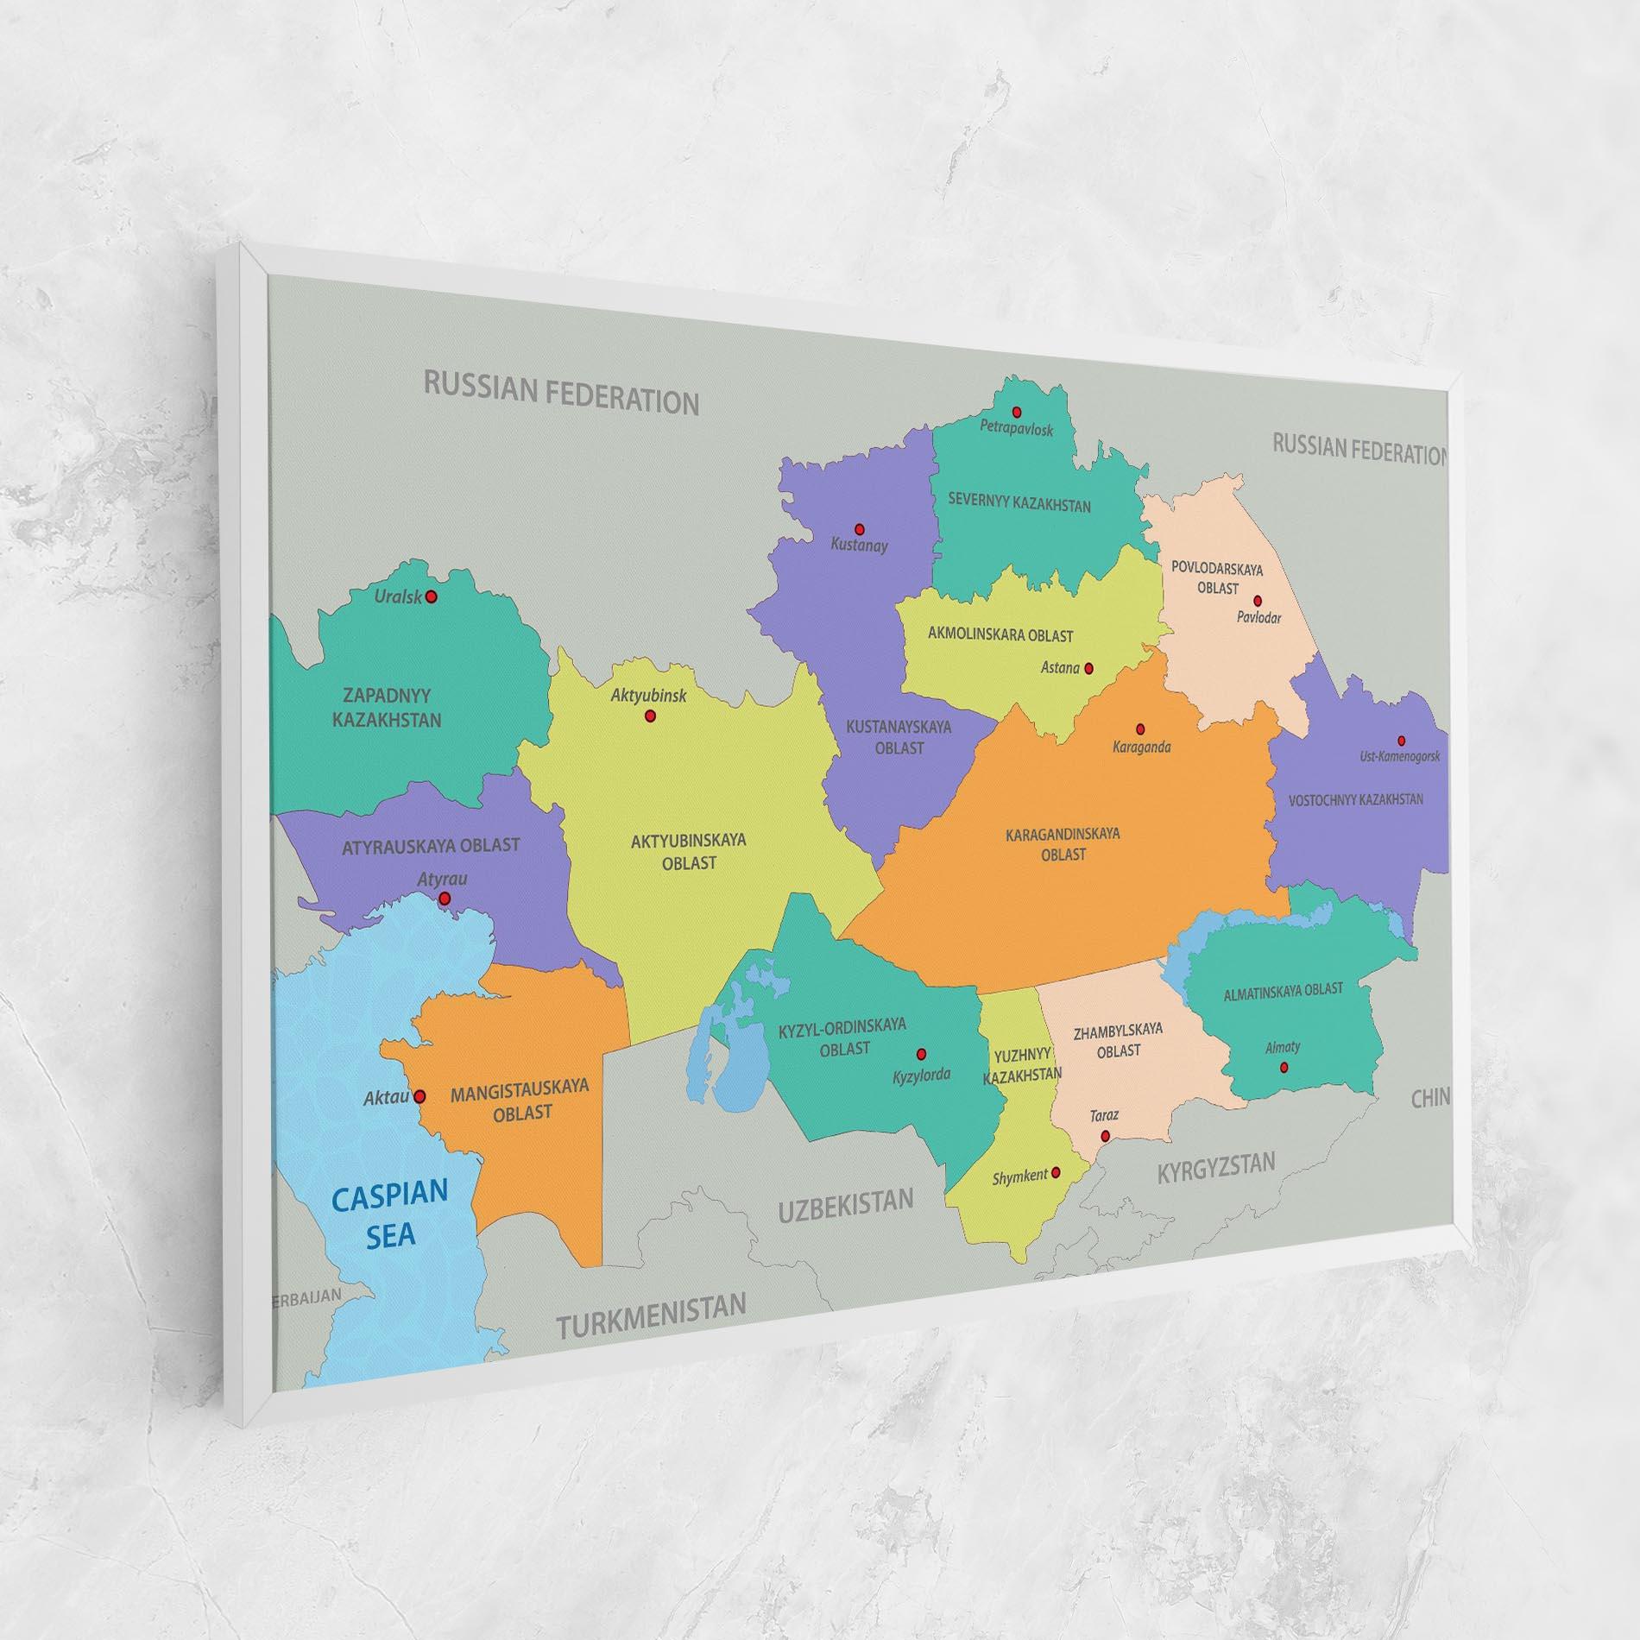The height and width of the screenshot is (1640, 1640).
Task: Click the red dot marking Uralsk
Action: [x=432, y=596]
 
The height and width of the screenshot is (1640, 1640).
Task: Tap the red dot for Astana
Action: [x=1088, y=668]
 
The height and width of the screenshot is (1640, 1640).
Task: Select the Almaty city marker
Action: [x=1284, y=1068]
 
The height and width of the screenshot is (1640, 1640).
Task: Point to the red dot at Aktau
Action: [x=419, y=1097]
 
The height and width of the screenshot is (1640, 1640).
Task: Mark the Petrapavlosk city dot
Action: [x=1017, y=412]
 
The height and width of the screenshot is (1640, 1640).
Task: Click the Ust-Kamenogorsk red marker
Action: [x=1401, y=741]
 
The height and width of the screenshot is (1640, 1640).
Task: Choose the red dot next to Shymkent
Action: [x=1056, y=1172]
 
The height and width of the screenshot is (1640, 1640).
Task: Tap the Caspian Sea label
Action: [x=390, y=1214]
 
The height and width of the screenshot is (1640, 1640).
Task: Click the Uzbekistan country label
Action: [x=845, y=1204]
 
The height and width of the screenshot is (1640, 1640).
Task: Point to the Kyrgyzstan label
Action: [x=1215, y=1169]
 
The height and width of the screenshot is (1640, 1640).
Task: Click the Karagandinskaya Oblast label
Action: [x=1063, y=844]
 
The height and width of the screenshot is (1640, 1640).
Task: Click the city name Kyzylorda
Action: [x=922, y=1075]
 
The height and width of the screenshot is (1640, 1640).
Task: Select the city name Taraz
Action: [x=1104, y=1115]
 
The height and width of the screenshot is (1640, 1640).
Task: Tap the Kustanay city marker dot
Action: [x=859, y=528]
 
